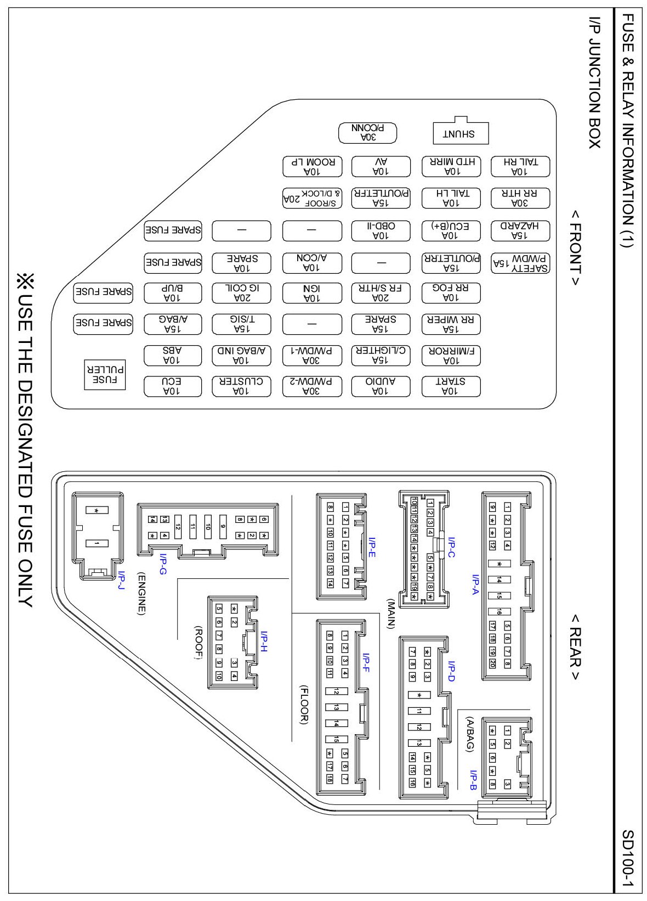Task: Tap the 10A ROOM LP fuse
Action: (x=312, y=167)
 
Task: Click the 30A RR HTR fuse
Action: (x=520, y=199)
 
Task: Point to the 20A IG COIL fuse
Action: (x=241, y=292)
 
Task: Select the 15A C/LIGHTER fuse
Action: (x=381, y=355)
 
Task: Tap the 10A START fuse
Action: (x=451, y=386)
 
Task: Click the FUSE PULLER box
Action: (x=105, y=375)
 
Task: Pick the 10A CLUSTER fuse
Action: (x=241, y=386)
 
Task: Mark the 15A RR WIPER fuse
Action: (x=451, y=324)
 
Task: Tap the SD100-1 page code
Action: (x=627, y=859)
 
